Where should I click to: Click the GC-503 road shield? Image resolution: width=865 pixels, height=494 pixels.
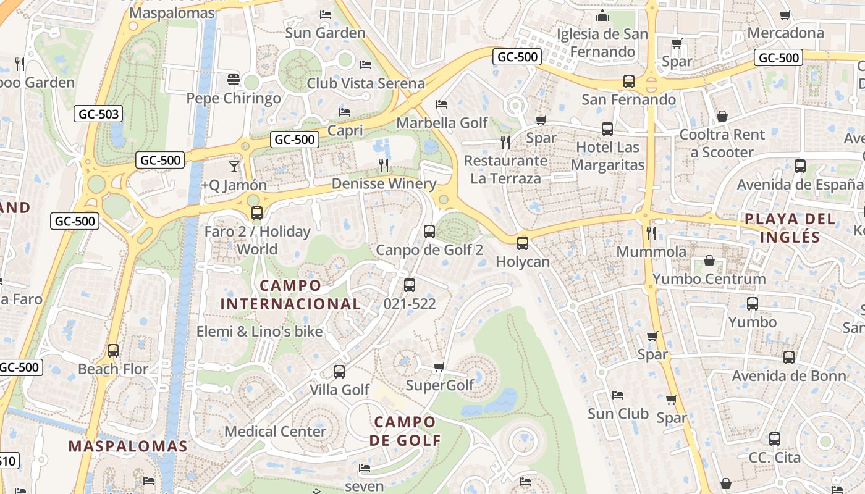click(x=98, y=114)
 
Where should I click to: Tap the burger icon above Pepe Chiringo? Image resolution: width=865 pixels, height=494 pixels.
click(x=234, y=79)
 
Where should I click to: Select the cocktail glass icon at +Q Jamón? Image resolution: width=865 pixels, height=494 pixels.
click(x=234, y=166)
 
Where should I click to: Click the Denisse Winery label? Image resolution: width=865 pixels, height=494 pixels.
click(x=384, y=183)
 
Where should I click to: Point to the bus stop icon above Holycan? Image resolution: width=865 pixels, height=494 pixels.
click(x=523, y=243)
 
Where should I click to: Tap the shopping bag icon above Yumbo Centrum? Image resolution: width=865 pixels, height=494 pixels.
click(x=709, y=261)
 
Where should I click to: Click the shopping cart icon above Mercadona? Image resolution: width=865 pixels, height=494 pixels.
click(x=785, y=15)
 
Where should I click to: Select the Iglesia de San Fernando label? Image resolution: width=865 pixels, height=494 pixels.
click(x=602, y=43)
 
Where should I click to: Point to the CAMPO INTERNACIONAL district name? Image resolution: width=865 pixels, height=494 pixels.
click(x=290, y=295)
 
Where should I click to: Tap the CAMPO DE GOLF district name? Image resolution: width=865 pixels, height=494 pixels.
click(x=405, y=431)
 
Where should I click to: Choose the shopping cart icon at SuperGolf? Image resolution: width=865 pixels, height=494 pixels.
click(x=439, y=367)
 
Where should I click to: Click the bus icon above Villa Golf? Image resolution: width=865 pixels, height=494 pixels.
click(x=339, y=372)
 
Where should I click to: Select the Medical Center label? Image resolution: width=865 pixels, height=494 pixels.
click(x=275, y=431)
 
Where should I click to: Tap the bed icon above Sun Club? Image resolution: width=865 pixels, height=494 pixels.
click(x=617, y=395)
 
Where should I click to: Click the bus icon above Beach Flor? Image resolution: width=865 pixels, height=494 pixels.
click(x=113, y=351)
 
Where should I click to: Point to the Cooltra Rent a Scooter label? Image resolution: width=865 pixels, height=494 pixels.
click(x=722, y=143)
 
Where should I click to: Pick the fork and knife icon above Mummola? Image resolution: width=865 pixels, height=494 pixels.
click(x=651, y=233)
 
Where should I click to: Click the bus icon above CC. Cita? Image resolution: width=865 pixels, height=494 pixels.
click(x=775, y=439)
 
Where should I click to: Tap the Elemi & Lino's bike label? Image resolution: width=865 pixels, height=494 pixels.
click(x=259, y=332)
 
